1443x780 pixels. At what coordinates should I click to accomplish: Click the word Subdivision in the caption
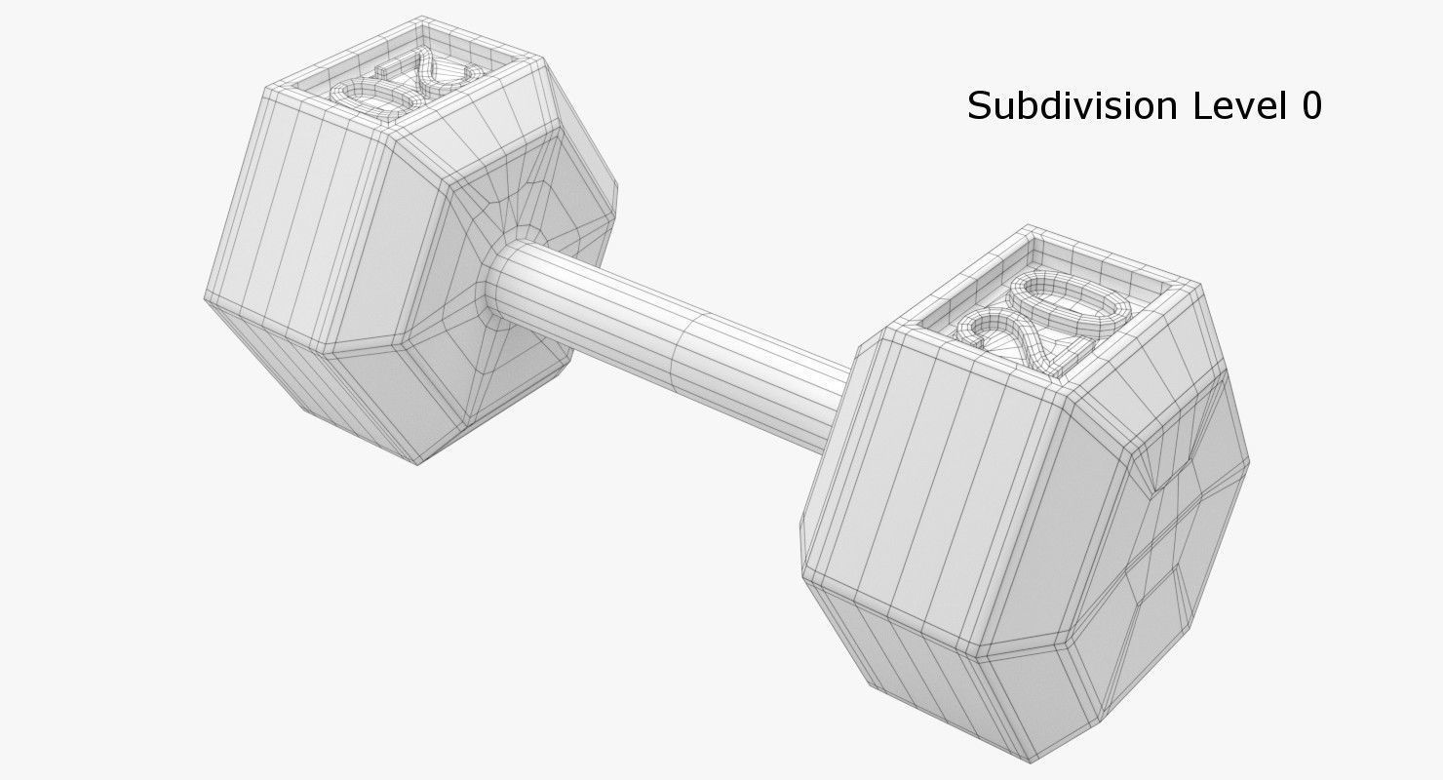1072,106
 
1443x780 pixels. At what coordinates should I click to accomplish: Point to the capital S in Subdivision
978,106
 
